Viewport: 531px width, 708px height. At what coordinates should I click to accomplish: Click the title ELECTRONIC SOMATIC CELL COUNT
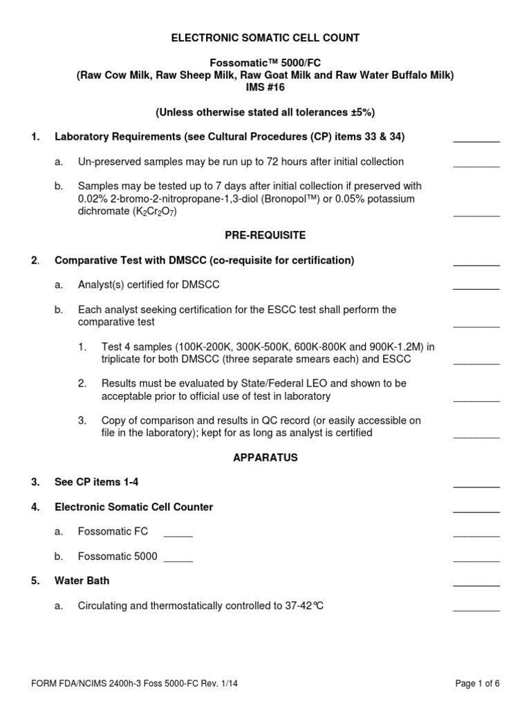tap(265, 38)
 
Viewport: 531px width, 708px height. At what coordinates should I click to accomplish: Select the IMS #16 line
tap(265, 87)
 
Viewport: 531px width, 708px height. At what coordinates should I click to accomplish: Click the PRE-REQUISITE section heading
tap(265, 235)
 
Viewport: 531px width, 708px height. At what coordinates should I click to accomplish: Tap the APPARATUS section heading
tap(265, 457)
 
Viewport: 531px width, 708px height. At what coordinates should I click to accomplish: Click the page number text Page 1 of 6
tap(477, 683)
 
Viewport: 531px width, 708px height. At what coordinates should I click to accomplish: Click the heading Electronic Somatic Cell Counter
tap(133, 507)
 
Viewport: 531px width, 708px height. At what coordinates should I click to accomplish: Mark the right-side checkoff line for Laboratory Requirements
tap(476, 140)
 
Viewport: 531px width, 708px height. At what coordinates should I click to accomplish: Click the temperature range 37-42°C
tap(304, 606)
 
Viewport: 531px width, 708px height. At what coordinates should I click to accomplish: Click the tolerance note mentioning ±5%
tap(265, 112)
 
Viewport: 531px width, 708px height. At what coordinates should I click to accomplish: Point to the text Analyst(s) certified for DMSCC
tap(149, 285)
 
